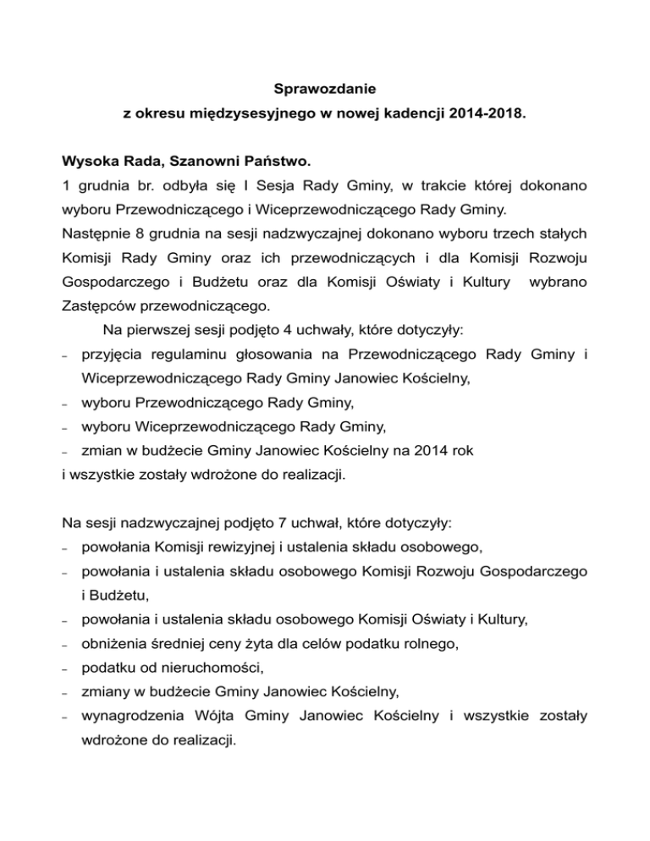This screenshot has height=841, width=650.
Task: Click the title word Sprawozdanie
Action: [325, 87]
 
